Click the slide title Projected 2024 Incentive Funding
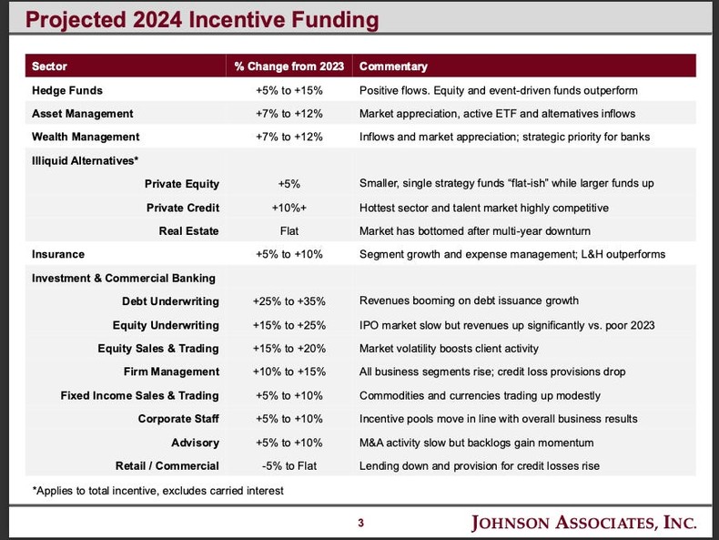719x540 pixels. pos(190,20)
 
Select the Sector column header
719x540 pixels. pos(49,66)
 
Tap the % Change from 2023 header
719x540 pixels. pos(289,66)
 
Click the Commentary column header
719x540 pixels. pos(393,66)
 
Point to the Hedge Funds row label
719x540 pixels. pos(67,90)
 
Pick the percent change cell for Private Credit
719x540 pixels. pos(289,208)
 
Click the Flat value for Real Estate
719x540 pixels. pos(289,231)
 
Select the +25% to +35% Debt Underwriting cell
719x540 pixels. pos(289,301)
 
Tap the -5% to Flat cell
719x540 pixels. pos(289,466)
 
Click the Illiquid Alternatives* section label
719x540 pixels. pos(86,161)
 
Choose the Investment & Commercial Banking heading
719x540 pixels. pos(124,278)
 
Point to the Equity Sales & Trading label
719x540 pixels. pos(158,349)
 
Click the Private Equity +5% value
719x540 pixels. pos(289,184)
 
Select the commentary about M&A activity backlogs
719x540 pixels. pos(476,443)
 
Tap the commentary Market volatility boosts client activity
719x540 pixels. pos(449,349)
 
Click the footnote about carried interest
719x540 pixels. pos(157,491)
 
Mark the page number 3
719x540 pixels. pos(360,523)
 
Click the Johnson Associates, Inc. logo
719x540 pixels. pos(583,523)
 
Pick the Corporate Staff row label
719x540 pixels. pos(178,419)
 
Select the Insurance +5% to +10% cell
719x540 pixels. pos(289,255)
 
